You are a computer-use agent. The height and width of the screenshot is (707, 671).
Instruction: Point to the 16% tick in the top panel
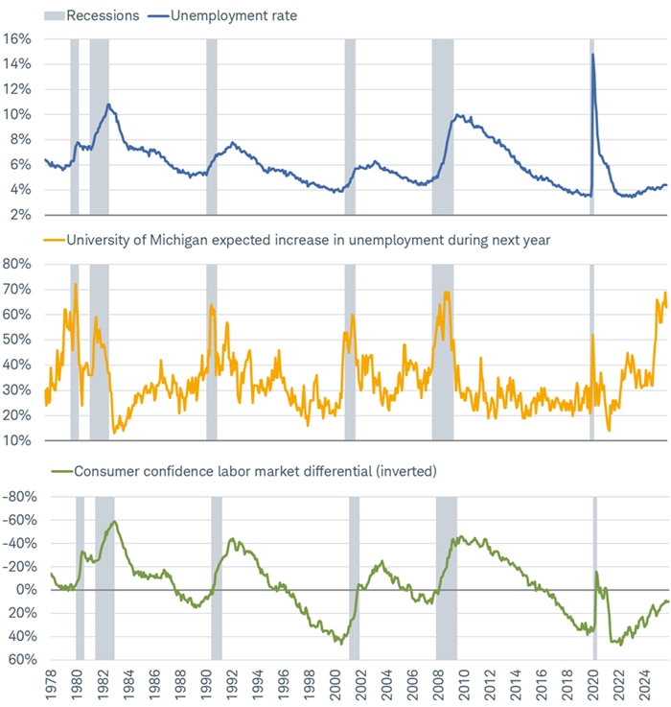[19, 39]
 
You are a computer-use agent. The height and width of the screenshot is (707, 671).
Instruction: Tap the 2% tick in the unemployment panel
[22, 214]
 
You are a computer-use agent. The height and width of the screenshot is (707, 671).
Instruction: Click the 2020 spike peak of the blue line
[592, 54]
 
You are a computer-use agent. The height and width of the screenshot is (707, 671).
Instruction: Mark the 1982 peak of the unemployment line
[108, 104]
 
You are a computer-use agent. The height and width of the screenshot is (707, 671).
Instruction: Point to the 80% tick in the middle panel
[19, 264]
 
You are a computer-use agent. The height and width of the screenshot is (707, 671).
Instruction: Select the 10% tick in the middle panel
[19, 441]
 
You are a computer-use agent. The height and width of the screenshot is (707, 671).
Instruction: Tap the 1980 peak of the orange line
[75, 284]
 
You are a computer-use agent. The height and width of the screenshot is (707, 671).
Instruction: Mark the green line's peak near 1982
[115, 522]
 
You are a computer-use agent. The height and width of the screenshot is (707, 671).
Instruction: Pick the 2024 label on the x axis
[649, 687]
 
